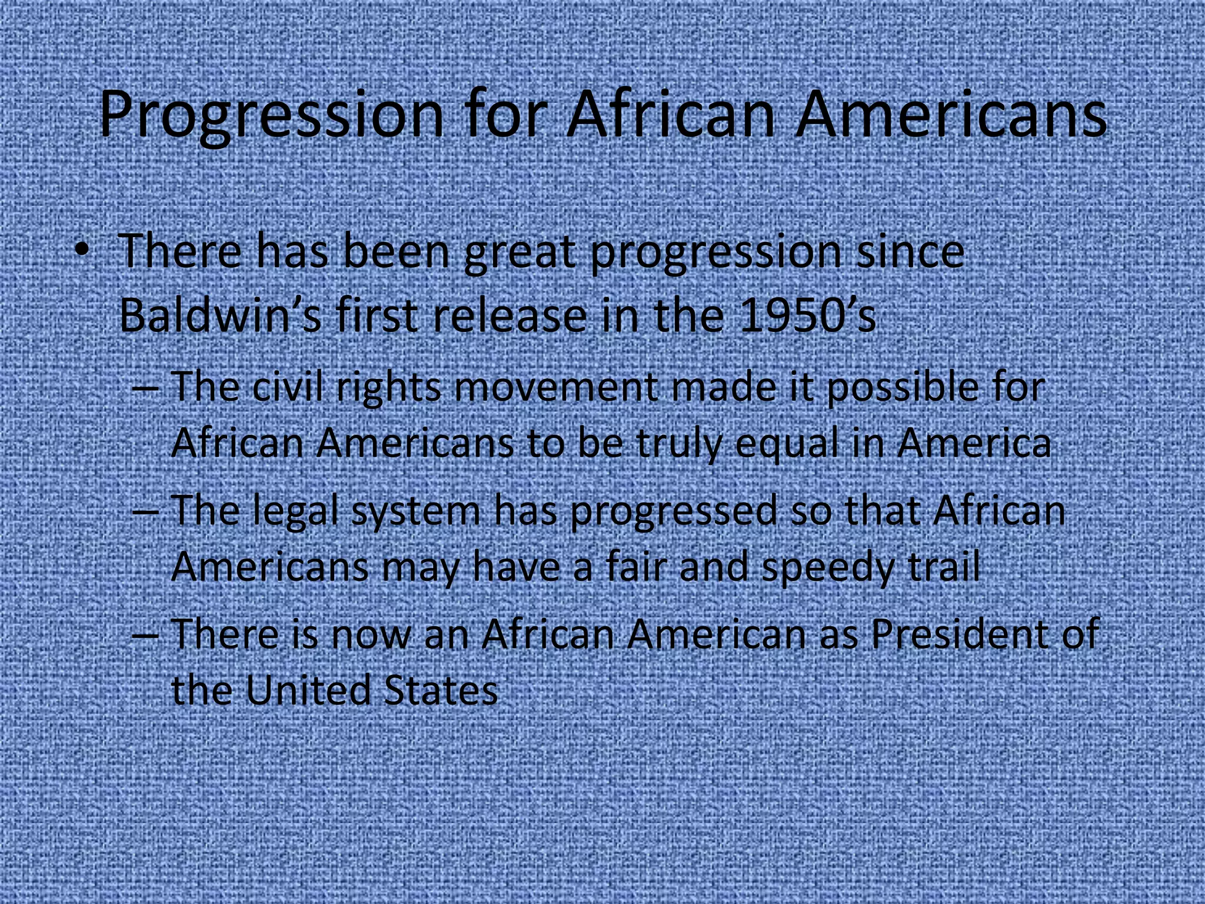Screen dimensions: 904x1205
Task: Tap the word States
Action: pyautogui.click(x=440, y=690)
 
